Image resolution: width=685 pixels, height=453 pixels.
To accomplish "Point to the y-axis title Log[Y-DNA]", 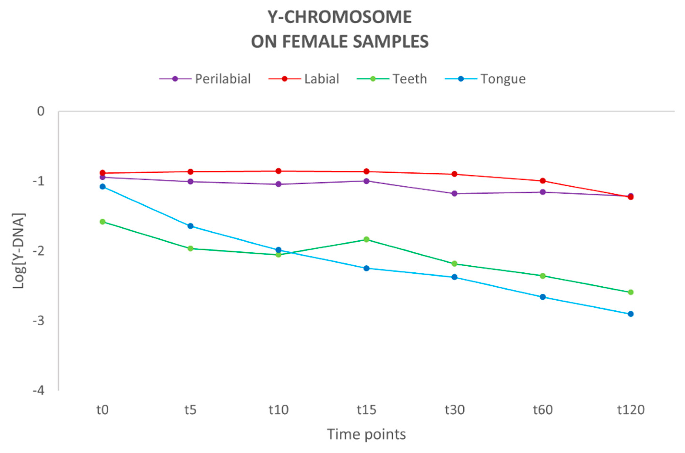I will coord(19,251).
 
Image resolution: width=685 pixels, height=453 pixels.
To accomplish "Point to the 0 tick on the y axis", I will coord(41,111).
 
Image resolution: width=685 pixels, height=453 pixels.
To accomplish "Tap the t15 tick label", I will coord(366,410).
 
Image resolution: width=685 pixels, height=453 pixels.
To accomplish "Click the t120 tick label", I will coord(631,410).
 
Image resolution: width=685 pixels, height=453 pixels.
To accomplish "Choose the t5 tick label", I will coord(190,410).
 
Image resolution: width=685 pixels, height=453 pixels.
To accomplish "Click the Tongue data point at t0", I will coord(102,187).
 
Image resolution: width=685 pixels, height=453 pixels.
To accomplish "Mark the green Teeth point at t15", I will coord(366,239).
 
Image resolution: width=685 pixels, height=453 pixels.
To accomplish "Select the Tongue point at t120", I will coord(631,314).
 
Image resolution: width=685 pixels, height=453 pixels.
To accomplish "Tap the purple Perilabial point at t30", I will coord(454,194).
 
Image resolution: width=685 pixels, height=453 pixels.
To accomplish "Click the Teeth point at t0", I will coord(102,222).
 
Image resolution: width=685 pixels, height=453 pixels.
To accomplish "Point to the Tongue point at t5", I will coord(190,226).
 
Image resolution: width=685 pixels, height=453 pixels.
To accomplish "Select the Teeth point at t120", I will coord(631,292).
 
